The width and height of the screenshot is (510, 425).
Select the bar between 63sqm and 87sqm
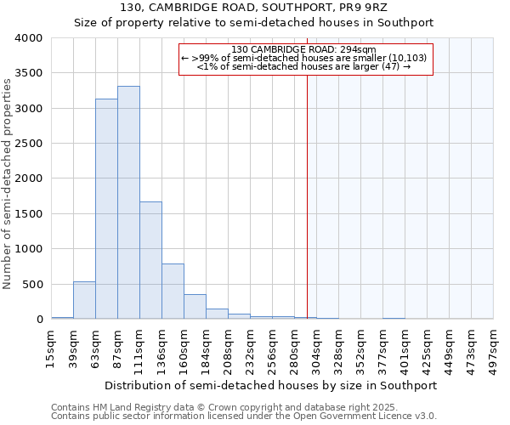[106, 209]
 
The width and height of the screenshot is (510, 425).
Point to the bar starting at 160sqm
[195, 307]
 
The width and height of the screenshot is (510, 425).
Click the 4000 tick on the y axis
[28, 38]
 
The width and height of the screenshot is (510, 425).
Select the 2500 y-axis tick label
[28, 144]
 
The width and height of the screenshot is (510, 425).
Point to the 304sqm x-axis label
[317, 347]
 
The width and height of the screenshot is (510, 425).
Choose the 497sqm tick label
[494, 347]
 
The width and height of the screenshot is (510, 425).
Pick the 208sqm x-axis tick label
[229, 347]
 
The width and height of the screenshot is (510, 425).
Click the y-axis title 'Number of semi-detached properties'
[8, 184]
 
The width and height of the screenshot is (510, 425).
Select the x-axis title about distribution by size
[271, 385]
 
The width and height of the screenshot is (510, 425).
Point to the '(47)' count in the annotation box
[390, 66]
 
